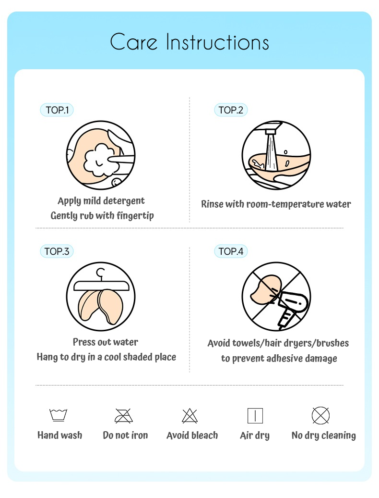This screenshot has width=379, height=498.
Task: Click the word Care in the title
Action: click(x=133, y=42)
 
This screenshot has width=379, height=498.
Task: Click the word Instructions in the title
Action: click(x=217, y=42)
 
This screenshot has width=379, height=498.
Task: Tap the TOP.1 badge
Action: click(x=57, y=110)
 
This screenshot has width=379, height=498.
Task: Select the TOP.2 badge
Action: click(x=231, y=110)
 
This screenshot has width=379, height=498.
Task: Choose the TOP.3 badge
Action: click(x=57, y=251)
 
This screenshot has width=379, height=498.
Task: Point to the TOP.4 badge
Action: click(x=231, y=251)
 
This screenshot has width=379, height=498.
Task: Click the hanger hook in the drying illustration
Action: click(x=100, y=274)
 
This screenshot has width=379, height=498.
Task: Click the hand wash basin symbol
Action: click(x=59, y=415)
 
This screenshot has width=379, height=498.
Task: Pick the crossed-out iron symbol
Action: click(x=124, y=416)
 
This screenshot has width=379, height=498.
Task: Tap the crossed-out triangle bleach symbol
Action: click(x=190, y=416)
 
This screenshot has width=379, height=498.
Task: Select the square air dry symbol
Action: click(x=255, y=416)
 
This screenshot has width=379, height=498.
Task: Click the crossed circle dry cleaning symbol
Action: click(x=320, y=415)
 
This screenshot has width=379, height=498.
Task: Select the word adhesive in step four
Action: click(x=280, y=358)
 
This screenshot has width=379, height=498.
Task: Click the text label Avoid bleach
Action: click(x=192, y=435)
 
